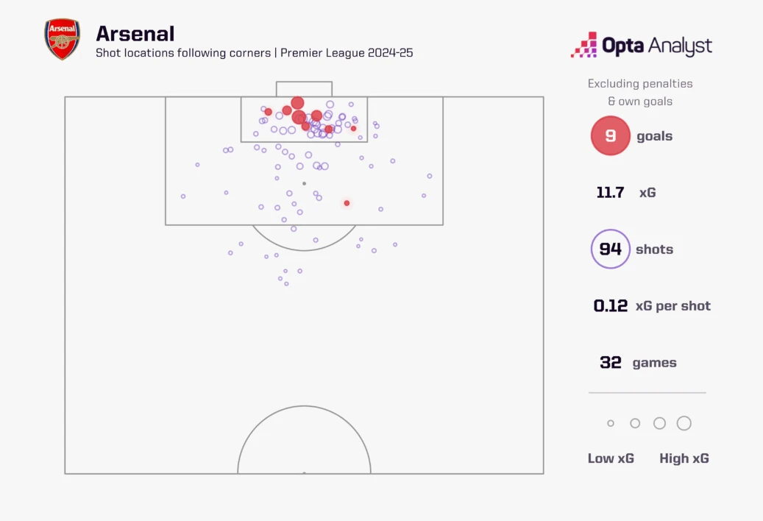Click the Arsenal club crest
(x=62, y=40)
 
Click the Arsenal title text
(x=135, y=34)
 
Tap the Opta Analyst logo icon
(x=583, y=46)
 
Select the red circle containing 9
(x=610, y=136)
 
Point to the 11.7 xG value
(x=610, y=193)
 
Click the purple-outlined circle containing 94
(x=610, y=249)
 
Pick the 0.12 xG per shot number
(x=611, y=306)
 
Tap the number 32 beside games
(x=611, y=363)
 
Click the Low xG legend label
(x=611, y=458)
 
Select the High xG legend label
(x=684, y=458)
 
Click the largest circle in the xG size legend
(x=684, y=423)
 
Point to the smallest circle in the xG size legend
(x=610, y=423)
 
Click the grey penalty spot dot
(x=304, y=183)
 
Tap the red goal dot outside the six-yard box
(x=347, y=203)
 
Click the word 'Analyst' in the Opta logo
(x=681, y=46)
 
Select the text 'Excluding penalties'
(x=640, y=84)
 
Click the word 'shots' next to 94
(x=654, y=249)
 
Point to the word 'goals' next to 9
(x=654, y=136)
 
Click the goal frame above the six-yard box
(x=304, y=88)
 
